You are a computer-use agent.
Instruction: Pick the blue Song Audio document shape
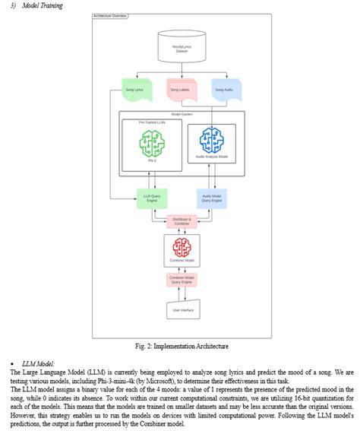pos(225,91)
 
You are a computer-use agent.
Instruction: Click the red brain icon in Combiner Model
pos(182,247)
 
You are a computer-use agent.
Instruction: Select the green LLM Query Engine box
pos(151,198)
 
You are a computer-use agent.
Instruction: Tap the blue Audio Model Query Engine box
pos(211,198)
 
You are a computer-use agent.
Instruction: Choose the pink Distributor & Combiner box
pos(182,220)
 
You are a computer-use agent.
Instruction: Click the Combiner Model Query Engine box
pos(182,280)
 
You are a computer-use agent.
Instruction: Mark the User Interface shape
pos(182,309)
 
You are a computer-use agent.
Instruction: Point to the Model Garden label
pos(182,114)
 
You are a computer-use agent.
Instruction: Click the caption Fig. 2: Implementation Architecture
pos(181,346)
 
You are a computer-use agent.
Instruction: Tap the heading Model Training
pos(42,5)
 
